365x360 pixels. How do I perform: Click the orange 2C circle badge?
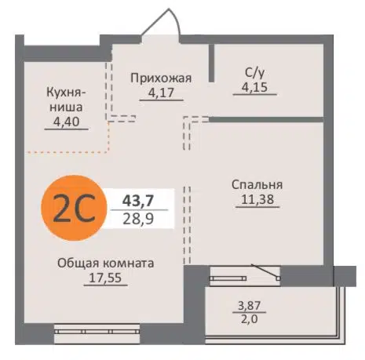pyautogui.click(x=74, y=205)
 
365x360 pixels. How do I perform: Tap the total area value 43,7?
pyautogui.click(x=137, y=199)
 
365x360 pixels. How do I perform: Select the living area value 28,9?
pyautogui.click(x=137, y=217)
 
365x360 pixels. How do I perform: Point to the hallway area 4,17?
pyautogui.click(x=159, y=92)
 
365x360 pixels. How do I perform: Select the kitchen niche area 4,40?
pyautogui.click(x=64, y=122)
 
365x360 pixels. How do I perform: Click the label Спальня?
pyautogui.click(x=257, y=184)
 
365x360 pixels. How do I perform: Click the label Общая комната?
pyautogui.click(x=105, y=263)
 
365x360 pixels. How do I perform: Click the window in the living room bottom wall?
pyautogui.click(x=103, y=333)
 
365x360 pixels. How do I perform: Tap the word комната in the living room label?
pyautogui.click(x=128, y=263)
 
